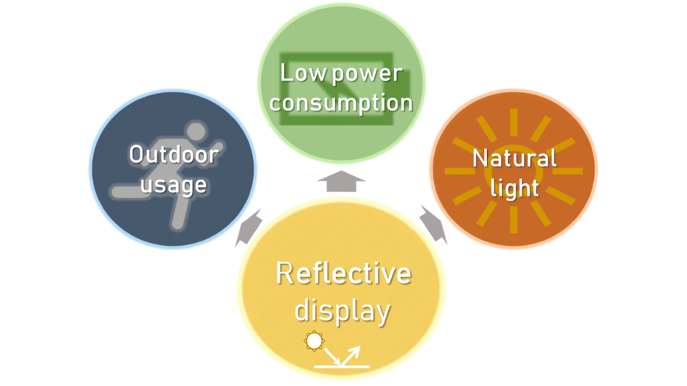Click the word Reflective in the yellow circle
[343, 275]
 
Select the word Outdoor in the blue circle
[173, 154]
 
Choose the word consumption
[342, 102]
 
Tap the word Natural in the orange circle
[515, 158]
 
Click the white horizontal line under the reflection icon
[342, 366]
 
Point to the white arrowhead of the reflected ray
[355, 350]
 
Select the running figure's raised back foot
[116, 193]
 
